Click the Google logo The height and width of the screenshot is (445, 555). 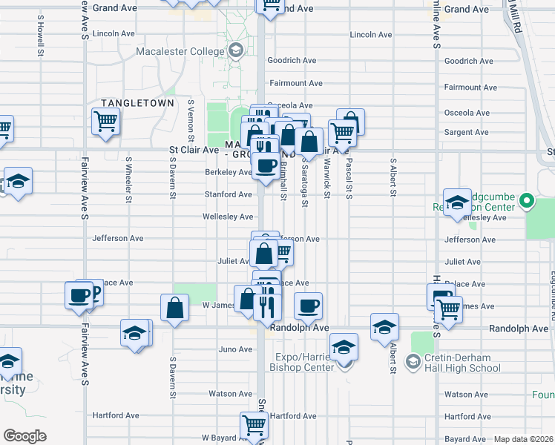pyautogui.click(x=24, y=436)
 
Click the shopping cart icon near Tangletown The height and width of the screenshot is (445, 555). pyautogui.click(x=105, y=121)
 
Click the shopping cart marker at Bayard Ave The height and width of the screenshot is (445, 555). pyautogui.click(x=253, y=425)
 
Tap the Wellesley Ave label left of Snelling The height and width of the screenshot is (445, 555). pyautogui.click(x=229, y=217)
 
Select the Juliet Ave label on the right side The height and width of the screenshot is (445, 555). pyautogui.click(x=463, y=262)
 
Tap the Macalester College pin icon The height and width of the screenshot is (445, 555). pyautogui.click(x=236, y=50)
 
